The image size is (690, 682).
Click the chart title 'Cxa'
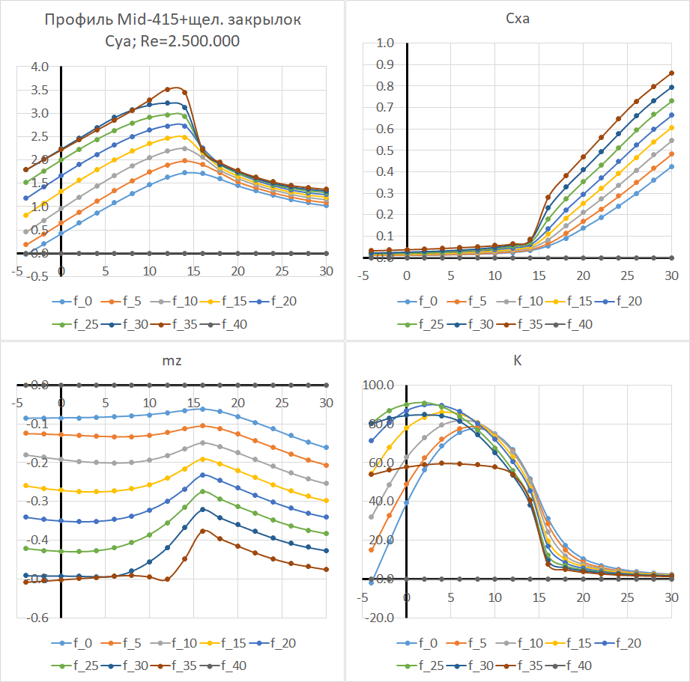click(518, 19)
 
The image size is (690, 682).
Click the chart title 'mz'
click(172, 360)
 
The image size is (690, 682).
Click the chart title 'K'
click(518, 360)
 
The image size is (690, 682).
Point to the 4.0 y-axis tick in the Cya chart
click(39, 67)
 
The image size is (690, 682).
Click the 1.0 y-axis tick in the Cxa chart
click(384, 43)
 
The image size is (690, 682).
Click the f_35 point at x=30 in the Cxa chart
click(671, 73)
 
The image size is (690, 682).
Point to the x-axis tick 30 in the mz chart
click(327, 403)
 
